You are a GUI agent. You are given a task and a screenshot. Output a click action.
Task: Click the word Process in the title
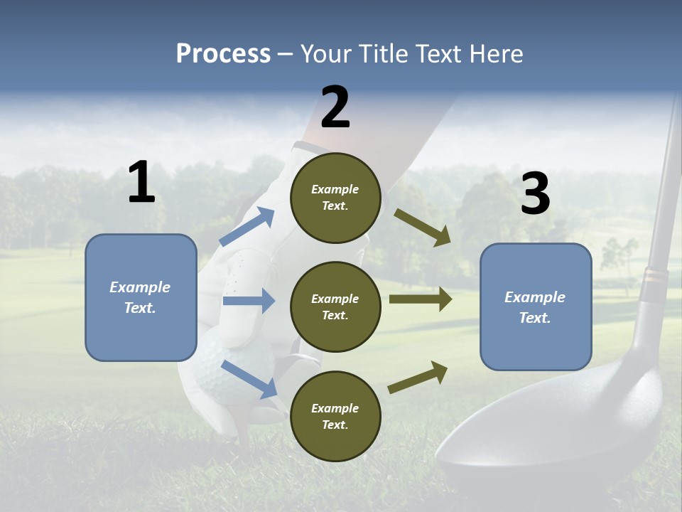coord(223,54)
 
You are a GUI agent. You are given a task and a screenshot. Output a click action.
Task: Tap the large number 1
coord(141,183)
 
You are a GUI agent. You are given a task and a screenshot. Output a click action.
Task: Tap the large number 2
coord(335,107)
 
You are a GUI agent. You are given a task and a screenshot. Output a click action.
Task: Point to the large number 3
coord(535,193)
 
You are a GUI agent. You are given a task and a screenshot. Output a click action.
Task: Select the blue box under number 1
coord(141,297)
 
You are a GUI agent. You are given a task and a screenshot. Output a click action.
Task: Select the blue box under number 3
coord(536,307)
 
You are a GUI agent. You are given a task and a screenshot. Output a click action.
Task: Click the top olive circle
coord(335,198)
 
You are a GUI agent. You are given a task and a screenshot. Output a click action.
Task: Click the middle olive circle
coord(335,307)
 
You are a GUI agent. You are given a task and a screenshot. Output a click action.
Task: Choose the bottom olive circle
coord(335,417)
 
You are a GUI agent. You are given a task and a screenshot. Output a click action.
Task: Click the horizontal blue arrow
coord(249,301)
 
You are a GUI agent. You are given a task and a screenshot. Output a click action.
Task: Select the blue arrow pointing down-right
coord(249,378)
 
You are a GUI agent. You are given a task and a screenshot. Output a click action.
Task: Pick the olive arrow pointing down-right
coord(423,228)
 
